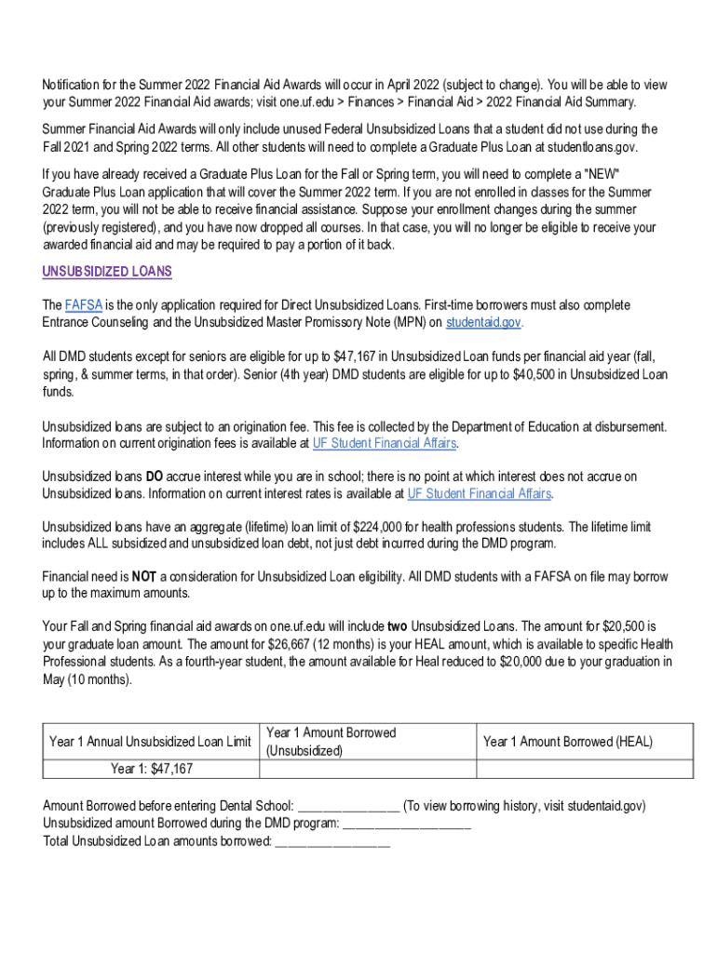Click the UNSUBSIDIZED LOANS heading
pyautogui.click(x=107, y=272)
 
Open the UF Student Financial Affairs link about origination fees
pyautogui.click(x=385, y=443)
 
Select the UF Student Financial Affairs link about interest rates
pyautogui.click(x=480, y=493)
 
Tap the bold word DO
pyautogui.click(x=156, y=476)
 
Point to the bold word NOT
pyautogui.click(x=143, y=577)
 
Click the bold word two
pyautogui.click(x=399, y=627)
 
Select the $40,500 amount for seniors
pyautogui.click(x=534, y=374)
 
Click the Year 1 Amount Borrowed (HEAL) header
pyautogui.click(x=568, y=742)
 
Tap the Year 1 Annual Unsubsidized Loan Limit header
pyautogui.click(x=150, y=742)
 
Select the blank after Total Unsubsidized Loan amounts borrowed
pyautogui.click(x=332, y=841)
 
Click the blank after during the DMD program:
pyautogui.click(x=407, y=824)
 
